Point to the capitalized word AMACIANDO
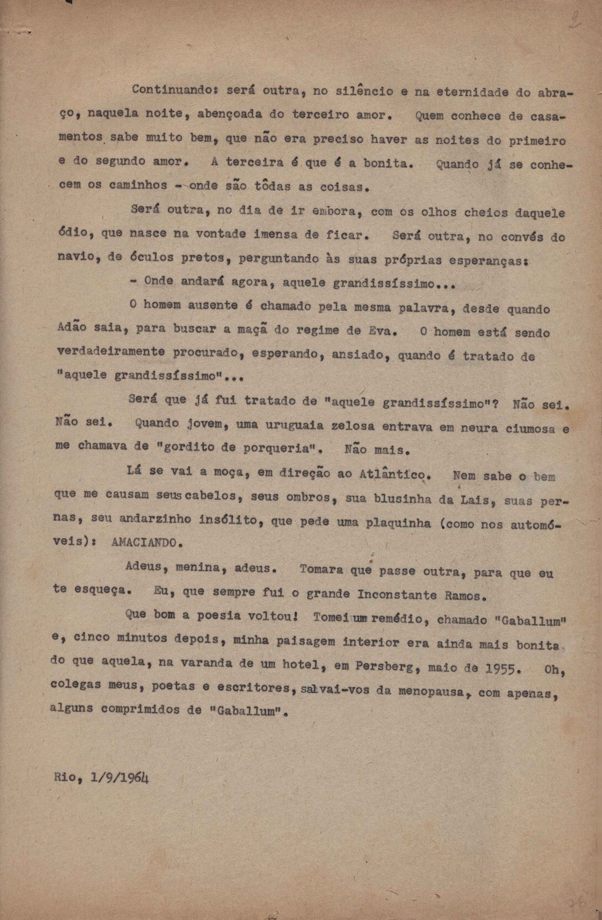pyautogui.click(x=144, y=543)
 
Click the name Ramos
pyautogui.click(x=463, y=596)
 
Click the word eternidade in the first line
pyautogui.click(x=463, y=92)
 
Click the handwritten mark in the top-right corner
pyautogui.click(x=576, y=20)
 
